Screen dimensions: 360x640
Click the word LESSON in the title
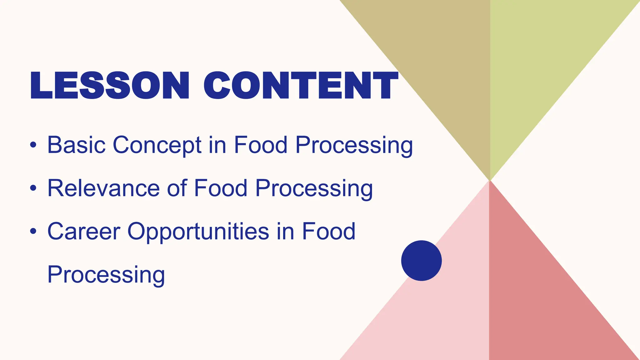pos(109,86)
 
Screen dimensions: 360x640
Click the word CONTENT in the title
pos(301,86)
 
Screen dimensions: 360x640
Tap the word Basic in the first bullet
pos(76,145)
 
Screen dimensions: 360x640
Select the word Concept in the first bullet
pos(157,145)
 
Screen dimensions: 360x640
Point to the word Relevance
pos(103,188)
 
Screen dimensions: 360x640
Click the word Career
pos(84,231)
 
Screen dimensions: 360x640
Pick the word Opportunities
pos(198,231)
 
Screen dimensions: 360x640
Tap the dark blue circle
pos(421,260)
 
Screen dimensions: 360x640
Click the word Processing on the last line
pos(106,274)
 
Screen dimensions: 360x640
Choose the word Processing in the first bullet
pos(354,145)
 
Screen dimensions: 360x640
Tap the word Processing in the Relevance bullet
pos(314,188)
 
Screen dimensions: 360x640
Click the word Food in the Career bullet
pos(328,231)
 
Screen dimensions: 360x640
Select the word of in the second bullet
pos(177,188)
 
